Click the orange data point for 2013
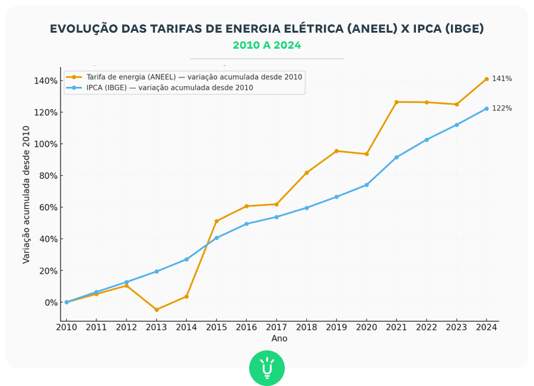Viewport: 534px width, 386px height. [x=157, y=310]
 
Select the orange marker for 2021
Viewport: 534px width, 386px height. [x=396, y=102]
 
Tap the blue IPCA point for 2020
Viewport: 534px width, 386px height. [x=367, y=185]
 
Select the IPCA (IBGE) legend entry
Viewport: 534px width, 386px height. [x=169, y=87]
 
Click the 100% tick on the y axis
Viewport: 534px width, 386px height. [x=46, y=144]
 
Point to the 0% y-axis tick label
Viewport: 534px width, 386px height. [x=50, y=302]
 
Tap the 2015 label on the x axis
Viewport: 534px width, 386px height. [x=217, y=327]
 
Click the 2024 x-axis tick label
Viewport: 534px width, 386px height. [x=487, y=327]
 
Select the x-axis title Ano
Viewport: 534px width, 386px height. [x=279, y=338]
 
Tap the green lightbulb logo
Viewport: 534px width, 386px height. [x=267, y=368]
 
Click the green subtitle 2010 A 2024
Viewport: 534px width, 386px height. [x=266, y=45]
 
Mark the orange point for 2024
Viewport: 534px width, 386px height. [x=487, y=79]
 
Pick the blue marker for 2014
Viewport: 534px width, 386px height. [x=186, y=260]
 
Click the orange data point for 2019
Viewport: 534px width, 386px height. [x=336, y=151]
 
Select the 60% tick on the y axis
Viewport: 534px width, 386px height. [x=49, y=207]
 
